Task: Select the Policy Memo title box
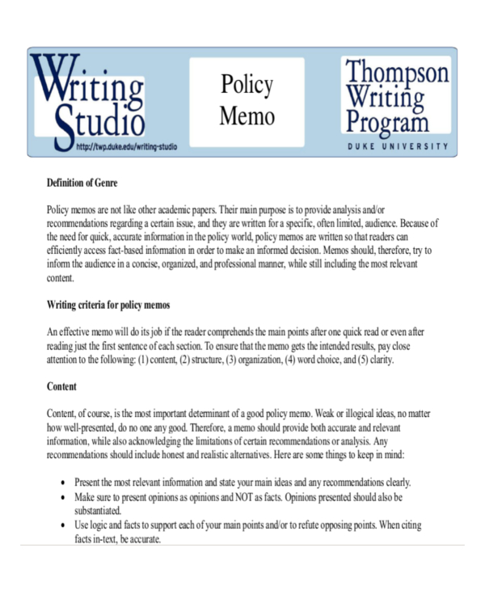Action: (x=247, y=101)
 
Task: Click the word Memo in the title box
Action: (x=247, y=116)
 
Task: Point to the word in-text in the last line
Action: (x=98, y=540)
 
